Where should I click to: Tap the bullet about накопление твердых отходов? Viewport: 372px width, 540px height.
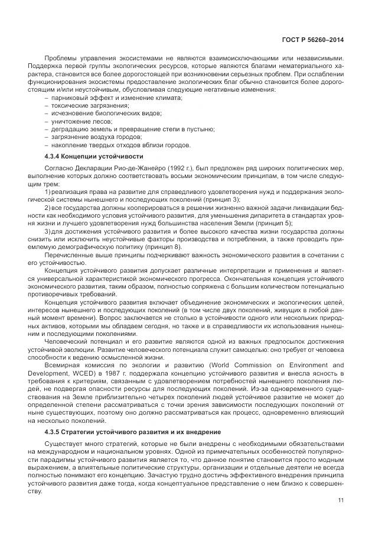click(121, 144)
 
